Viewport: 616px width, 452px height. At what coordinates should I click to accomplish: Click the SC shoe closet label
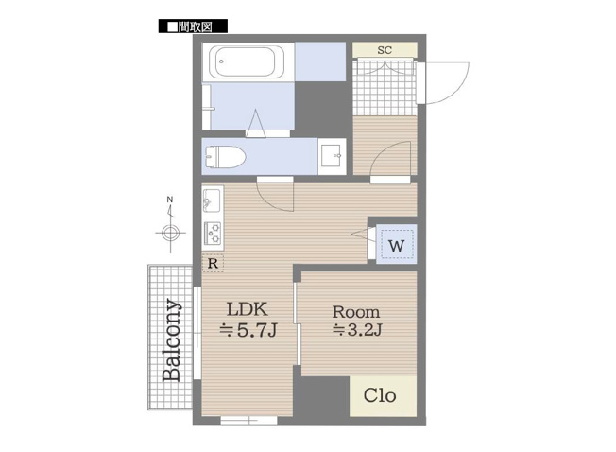click(x=385, y=49)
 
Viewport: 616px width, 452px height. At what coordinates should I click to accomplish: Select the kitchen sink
click(x=212, y=201)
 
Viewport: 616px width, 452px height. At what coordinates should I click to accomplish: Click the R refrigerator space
click(x=214, y=264)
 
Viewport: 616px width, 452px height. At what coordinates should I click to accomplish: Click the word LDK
click(x=248, y=309)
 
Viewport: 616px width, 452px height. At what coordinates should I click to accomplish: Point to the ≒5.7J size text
click(x=248, y=330)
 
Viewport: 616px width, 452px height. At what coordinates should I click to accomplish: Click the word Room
click(x=356, y=311)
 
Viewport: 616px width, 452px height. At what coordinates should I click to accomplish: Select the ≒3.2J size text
click(x=356, y=330)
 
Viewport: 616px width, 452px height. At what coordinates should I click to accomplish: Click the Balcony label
click(x=171, y=340)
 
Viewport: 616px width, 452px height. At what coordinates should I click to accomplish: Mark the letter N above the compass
click(x=169, y=200)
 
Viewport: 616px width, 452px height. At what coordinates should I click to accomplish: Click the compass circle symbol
click(x=169, y=232)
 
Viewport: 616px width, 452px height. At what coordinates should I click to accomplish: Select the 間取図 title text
click(x=199, y=27)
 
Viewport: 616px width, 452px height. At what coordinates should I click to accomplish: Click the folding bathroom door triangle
click(x=255, y=122)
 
